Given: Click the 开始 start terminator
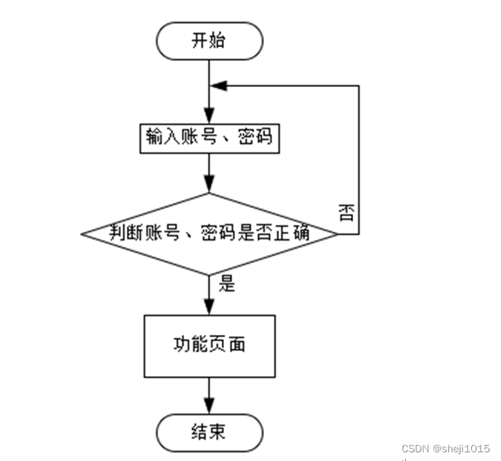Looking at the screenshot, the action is [210, 41].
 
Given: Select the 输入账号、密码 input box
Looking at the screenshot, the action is [210, 138].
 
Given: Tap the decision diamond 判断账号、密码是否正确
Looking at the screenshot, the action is [210, 234].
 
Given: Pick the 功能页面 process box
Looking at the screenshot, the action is [210, 346].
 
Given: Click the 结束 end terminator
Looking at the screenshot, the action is [210, 433].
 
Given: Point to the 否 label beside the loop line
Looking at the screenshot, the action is [347, 213].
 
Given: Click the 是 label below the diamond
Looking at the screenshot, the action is [227, 283].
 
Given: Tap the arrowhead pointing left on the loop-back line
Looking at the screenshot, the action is [218, 86].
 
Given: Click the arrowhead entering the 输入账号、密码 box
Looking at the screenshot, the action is [210, 116].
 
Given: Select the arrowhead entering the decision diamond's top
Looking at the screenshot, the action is [210, 185].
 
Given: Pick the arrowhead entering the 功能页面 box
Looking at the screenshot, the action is [210, 307].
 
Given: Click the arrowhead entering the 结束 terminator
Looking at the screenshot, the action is [210, 406].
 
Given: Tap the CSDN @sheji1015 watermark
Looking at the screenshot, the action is [446, 449].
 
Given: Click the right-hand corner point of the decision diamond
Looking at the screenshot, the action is [338, 234].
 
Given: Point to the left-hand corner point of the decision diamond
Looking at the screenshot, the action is [81, 234].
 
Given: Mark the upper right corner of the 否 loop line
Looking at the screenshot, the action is [359, 86].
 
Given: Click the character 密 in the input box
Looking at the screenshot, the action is [246, 137].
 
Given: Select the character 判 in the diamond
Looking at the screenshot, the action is [117, 232].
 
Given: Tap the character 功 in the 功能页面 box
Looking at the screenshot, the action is [182, 344].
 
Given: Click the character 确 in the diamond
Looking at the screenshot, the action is [301, 232].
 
